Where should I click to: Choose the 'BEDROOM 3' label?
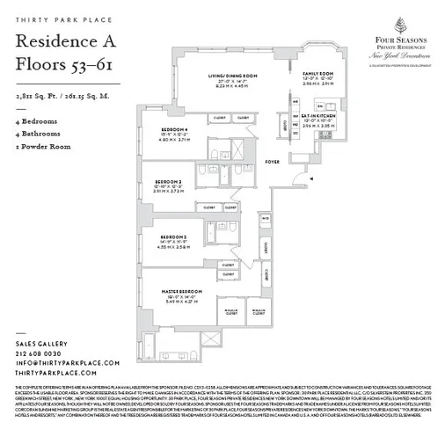pos(174,236)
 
